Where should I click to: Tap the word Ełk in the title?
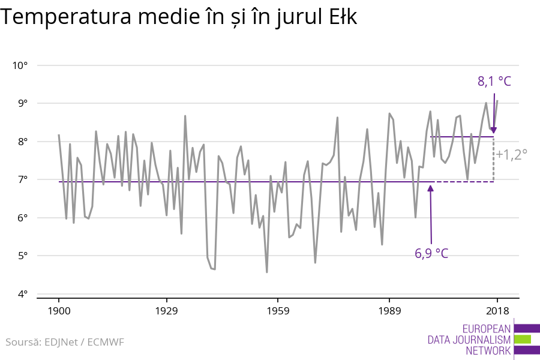pyautogui.click(x=341, y=18)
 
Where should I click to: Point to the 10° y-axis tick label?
pyautogui.click(x=21, y=65)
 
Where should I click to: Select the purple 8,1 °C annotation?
pyautogui.click(x=494, y=81)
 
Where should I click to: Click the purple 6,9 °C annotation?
pyautogui.click(x=431, y=253)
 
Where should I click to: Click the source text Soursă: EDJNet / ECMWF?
pyautogui.click(x=65, y=342)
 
